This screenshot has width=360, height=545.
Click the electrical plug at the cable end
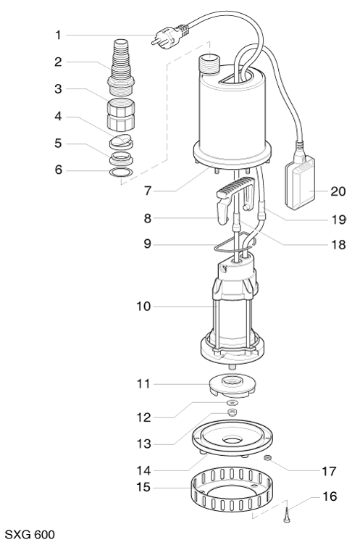[x=169, y=34]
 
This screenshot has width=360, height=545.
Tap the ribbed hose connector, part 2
[x=121, y=68]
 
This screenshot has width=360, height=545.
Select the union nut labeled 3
[x=121, y=114]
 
